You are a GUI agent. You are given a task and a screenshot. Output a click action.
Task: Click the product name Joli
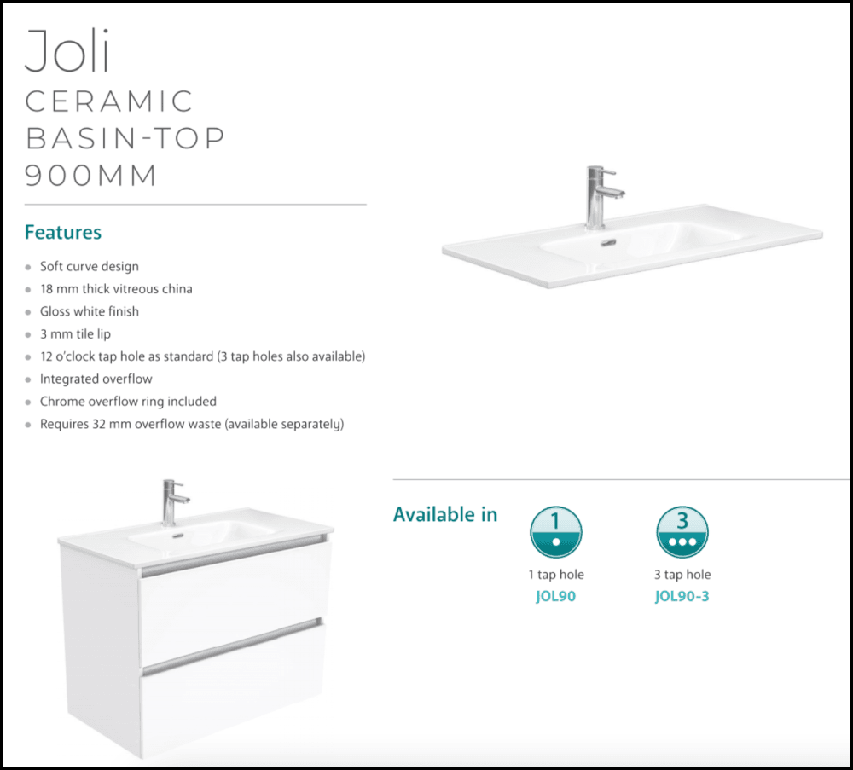pos(68,51)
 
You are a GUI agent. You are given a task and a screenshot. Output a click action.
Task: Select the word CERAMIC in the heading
pos(109,101)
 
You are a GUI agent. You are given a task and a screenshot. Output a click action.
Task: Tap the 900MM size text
pos(91,175)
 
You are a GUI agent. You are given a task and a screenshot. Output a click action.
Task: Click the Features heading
pos(63,232)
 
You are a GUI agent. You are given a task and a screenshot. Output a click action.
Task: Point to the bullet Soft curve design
pos(89,266)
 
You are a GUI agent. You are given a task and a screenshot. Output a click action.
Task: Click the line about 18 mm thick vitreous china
pos(116,289)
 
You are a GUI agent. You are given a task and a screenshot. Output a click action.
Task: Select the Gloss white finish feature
pos(89,311)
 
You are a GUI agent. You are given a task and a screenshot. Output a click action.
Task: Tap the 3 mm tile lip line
pos(75,333)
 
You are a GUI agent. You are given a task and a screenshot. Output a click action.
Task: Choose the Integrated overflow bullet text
pos(96,379)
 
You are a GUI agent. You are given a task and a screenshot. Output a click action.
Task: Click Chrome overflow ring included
pos(128,401)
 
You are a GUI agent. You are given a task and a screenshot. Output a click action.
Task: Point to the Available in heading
pos(445,515)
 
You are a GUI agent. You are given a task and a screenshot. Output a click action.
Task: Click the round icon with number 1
pos(556,532)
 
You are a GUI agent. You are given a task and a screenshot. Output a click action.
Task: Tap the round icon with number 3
pos(682,532)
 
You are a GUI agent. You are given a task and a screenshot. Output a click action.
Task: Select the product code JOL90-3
pos(682,596)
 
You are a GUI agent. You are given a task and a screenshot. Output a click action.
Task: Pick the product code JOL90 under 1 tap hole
pos(556,596)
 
